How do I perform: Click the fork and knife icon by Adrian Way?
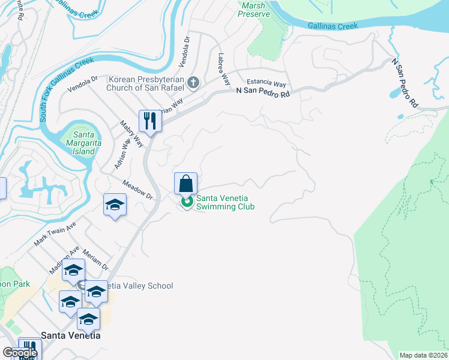click(148, 121)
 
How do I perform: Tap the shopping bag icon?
click(185, 184)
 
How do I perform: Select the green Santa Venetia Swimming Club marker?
click(187, 202)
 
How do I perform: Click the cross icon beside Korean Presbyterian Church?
click(193, 83)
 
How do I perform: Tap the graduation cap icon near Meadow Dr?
click(114, 205)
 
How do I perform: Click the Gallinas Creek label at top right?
click(333, 26)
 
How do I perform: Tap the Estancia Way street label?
click(266, 83)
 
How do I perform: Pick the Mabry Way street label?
click(131, 133)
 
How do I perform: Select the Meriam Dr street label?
click(95, 260)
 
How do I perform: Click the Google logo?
click(19, 353)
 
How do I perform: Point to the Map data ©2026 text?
click(423, 355)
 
